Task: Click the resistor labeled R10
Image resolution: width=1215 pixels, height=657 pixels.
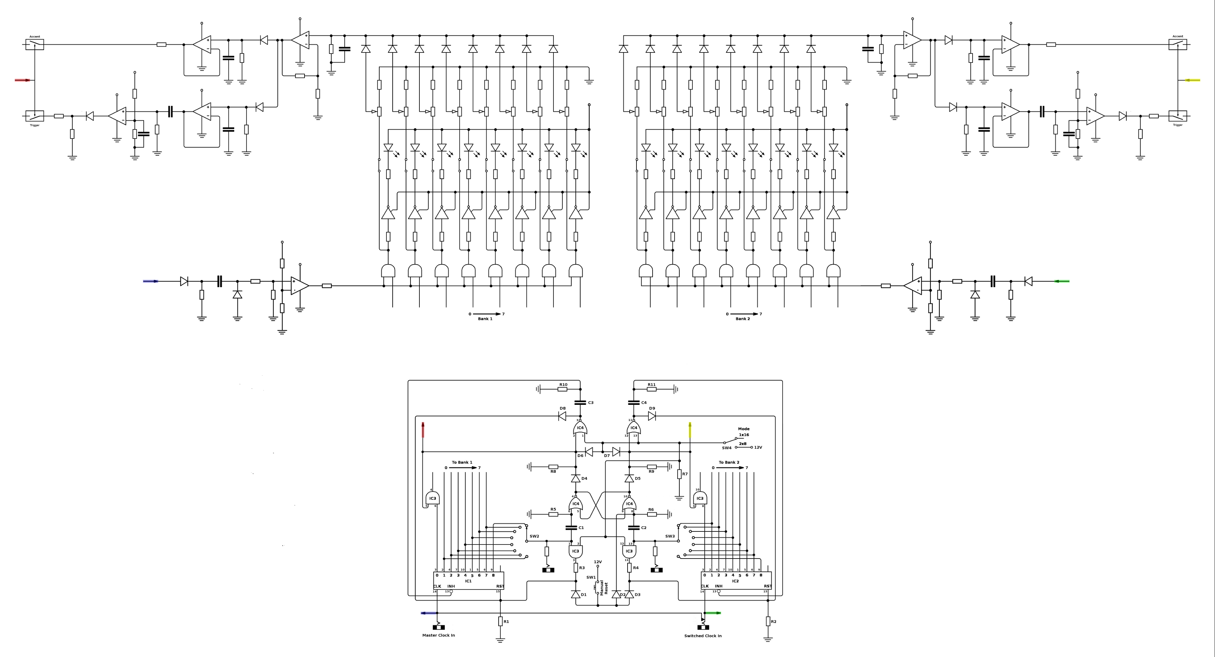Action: pos(563,389)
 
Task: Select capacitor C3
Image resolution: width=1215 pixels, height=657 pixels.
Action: pos(580,402)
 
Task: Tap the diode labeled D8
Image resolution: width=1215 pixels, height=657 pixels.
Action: pos(562,416)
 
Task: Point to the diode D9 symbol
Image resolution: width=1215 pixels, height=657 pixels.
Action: pos(652,416)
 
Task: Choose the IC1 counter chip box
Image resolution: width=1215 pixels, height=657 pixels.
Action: pos(468,580)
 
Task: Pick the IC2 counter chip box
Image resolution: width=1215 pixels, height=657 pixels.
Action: pos(736,580)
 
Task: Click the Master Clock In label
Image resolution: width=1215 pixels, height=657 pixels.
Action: pos(439,635)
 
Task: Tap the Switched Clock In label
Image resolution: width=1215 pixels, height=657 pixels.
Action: pos(703,636)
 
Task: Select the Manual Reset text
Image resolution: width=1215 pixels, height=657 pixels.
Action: pos(604,588)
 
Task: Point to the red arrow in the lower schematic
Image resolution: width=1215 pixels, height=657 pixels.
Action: pos(423,430)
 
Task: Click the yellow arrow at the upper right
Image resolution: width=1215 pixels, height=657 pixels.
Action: pos(1192,80)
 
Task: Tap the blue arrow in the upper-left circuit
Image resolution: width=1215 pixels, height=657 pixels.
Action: pos(151,281)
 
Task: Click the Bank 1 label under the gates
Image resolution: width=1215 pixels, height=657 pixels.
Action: pos(485,319)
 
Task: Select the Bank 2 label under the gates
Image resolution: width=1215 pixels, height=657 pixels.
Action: pos(742,319)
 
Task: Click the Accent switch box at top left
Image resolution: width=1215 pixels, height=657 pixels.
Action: pos(34,44)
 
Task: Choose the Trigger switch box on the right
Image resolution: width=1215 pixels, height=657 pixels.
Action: pos(1178,116)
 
